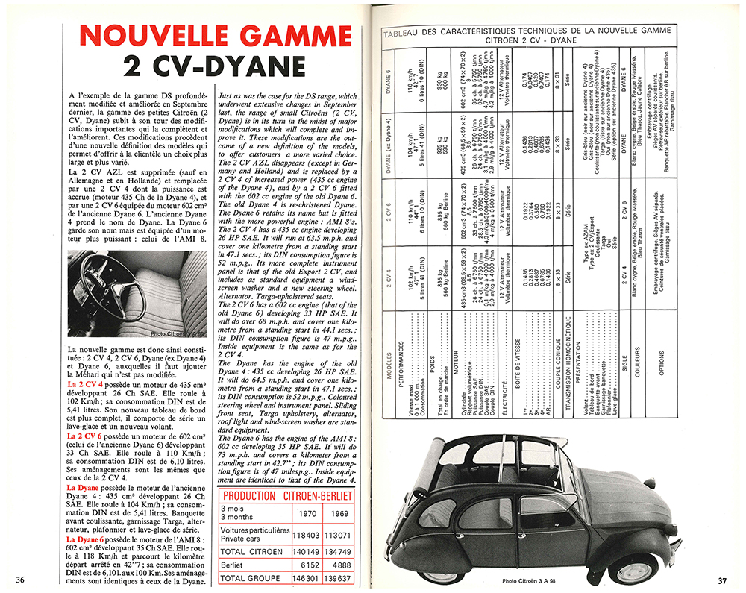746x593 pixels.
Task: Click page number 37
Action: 722,580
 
